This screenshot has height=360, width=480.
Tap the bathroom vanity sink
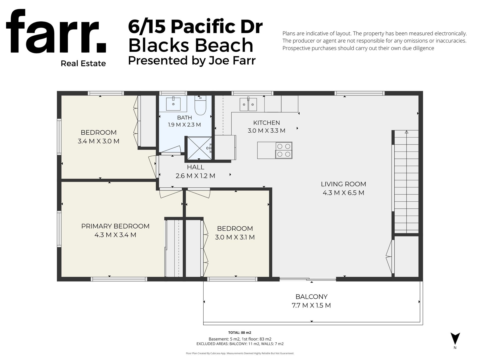pos(173,104)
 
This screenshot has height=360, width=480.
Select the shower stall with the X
pos(199,148)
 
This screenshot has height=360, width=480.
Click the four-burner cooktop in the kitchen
pos(284,151)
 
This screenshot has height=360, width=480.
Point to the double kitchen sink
pos(248,104)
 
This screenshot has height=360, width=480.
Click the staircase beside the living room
pos(406,181)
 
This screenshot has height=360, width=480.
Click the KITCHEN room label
pos(267,123)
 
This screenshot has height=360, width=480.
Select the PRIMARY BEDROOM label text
pos(115,226)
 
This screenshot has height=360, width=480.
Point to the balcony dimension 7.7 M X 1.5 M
pos(311,305)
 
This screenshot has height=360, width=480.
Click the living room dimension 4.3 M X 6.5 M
pos(343,193)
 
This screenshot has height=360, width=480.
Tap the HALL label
pos(196,167)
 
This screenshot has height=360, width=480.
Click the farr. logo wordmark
pos(56,32)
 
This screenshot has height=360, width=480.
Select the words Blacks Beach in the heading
pos(191,45)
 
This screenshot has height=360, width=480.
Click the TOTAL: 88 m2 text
pos(239,332)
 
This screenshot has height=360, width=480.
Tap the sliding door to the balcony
pos(308,279)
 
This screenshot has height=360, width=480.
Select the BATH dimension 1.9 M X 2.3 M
pos(184,125)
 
